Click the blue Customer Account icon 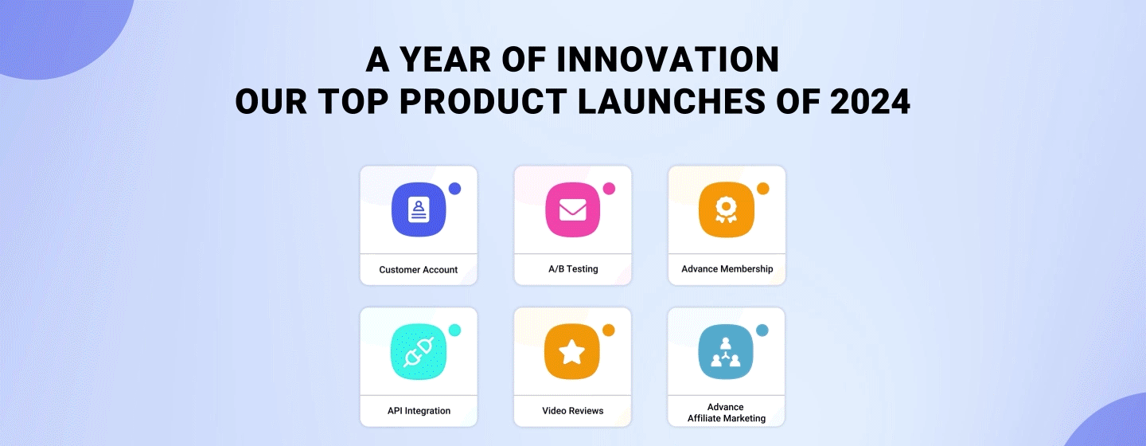tap(419, 209)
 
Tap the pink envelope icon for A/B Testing tap(572, 209)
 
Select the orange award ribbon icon tap(727, 209)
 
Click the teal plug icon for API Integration tap(419, 351)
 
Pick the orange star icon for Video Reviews tap(572, 351)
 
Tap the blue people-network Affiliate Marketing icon tap(726, 351)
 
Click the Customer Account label tap(419, 270)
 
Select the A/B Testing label tap(573, 269)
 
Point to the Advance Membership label tap(727, 269)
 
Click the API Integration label tap(419, 411)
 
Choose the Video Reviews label tap(572, 411)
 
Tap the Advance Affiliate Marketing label tap(727, 413)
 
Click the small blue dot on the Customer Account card tap(455, 189)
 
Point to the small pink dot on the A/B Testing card tap(609, 189)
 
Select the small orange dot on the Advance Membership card tap(762, 189)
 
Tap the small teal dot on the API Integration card tap(455, 331)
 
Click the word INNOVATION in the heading tap(668, 60)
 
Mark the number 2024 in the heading tap(871, 101)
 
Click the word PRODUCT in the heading tap(482, 101)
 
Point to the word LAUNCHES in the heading tap(671, 101)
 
